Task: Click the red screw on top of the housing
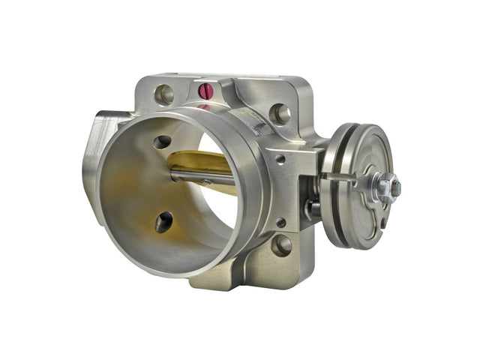[x=205, y=91]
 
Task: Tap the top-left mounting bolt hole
[x=163, y=94]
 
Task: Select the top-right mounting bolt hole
[x=280, y=113]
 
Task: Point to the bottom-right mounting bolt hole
[x=281, y=244]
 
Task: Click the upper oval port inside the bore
[x=162, y=142]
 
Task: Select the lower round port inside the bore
[x=163, y=221]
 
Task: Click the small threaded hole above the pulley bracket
[x=280, y=159]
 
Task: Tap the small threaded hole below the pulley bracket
[x=280, y=222]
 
